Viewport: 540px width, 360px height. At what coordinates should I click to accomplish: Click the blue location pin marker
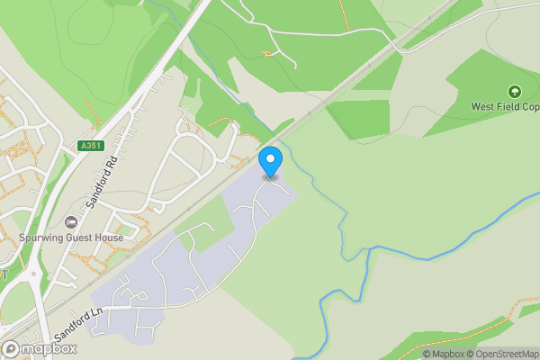point(270,162)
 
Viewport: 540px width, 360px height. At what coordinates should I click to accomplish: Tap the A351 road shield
point(91,146)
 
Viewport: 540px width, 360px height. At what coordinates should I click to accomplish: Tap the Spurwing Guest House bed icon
point(71,222)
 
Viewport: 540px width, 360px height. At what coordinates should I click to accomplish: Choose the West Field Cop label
point(505,106)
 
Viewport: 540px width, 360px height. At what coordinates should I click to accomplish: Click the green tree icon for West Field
point(514,91)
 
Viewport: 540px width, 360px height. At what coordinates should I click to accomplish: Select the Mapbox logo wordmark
point(49,348)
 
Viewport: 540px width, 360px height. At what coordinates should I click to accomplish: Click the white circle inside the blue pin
point(270,158)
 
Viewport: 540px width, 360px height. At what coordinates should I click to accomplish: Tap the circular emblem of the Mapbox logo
point(12,348)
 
